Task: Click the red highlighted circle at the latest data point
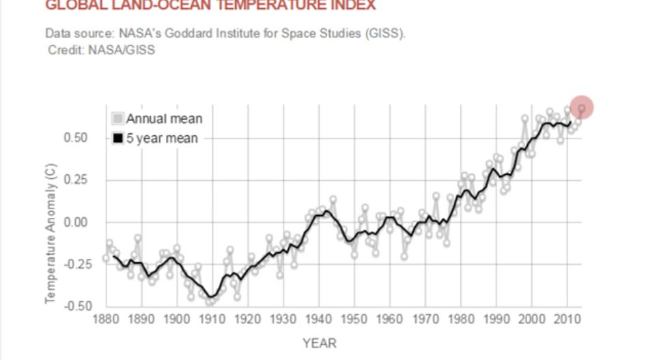pyautogui.click(x=581, y=107)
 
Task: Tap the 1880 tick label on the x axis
pyautogui.click(x=106, y=319)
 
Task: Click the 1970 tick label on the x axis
pyautogui.click(x=424, y=319)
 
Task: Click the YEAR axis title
pyautogui.click(x=320, y=344)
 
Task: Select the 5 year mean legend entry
pyautogui.click(x=162, y=139)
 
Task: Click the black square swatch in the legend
pyautogui.click(x=118, y=139)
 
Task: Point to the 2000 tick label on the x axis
pyautogui.click(x=531, y=319)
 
